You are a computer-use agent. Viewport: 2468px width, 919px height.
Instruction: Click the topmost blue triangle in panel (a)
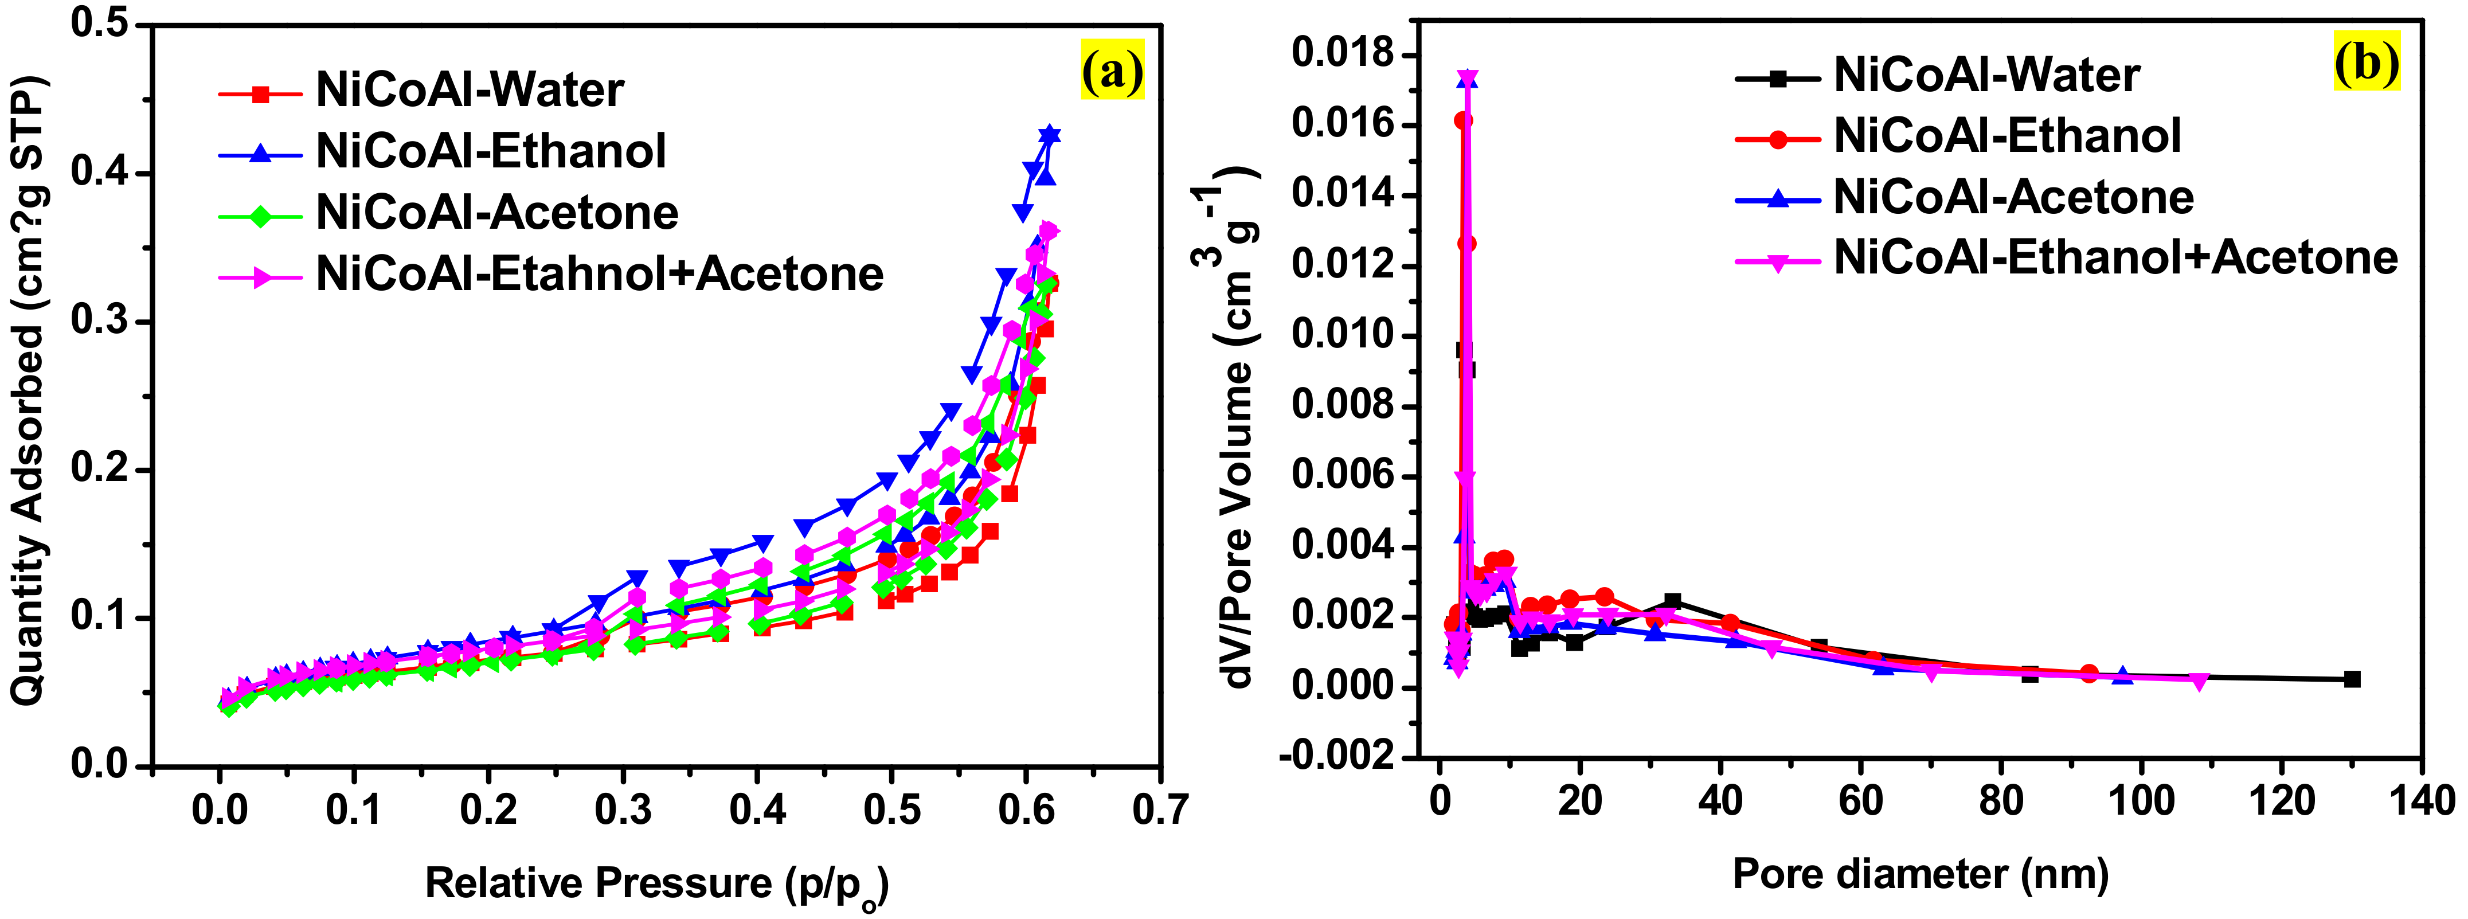click(1050, 135)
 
